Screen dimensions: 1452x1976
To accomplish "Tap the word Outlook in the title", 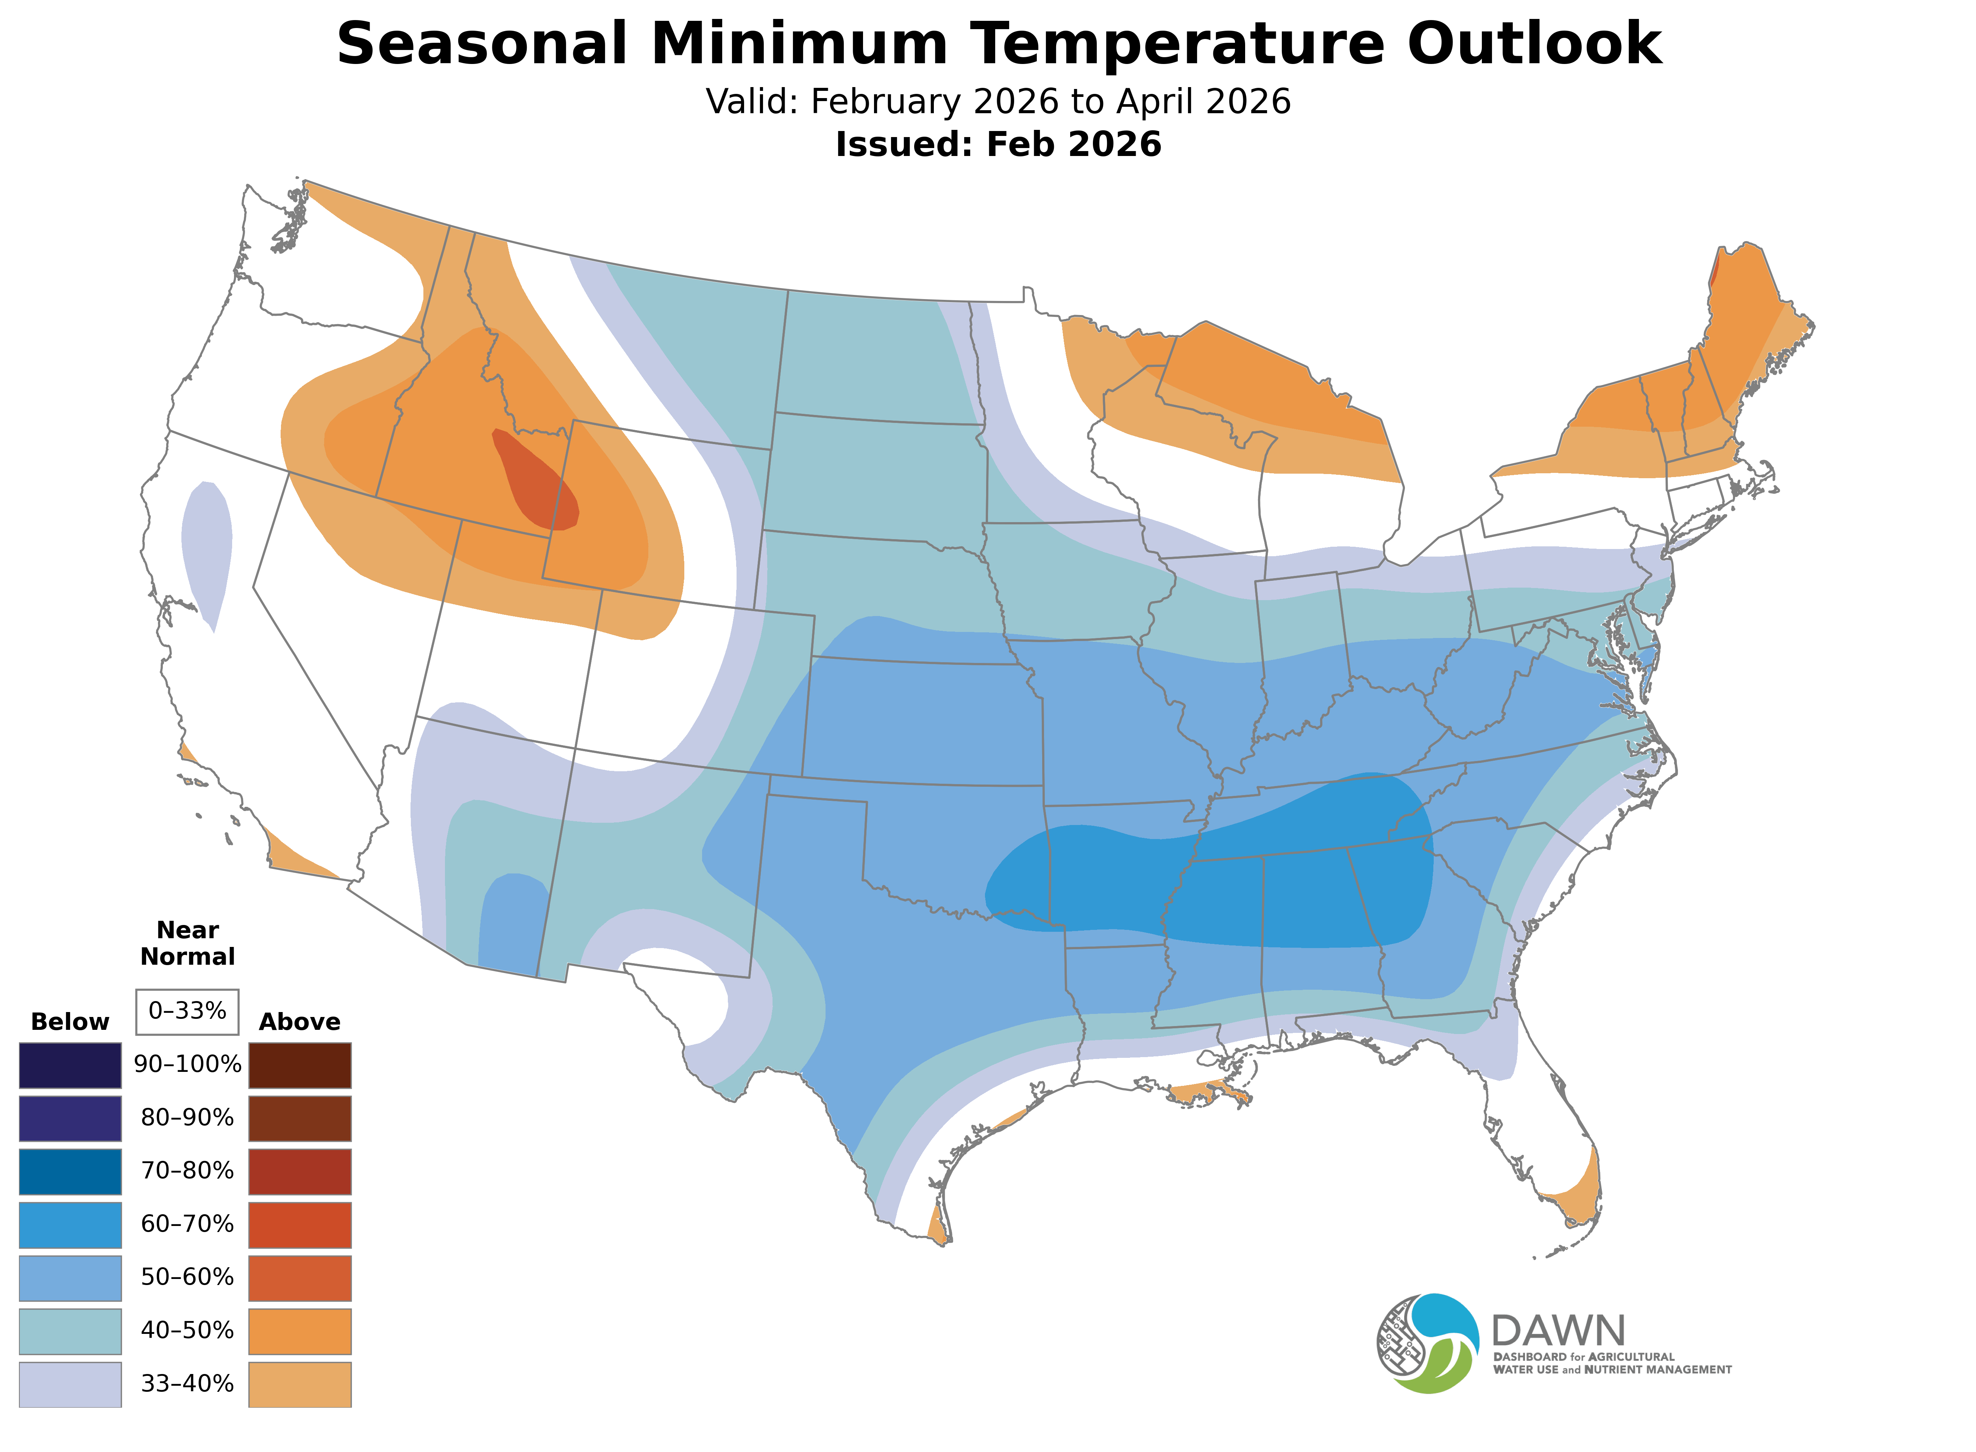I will tap(1534, 44).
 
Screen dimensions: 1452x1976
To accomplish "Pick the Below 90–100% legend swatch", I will tap(70, 1065).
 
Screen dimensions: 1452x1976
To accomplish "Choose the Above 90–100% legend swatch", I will tap(300, 1065).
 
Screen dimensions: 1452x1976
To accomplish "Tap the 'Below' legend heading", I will tap(70, 1022).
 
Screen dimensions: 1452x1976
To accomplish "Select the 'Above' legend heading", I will tap(300, 1022).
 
